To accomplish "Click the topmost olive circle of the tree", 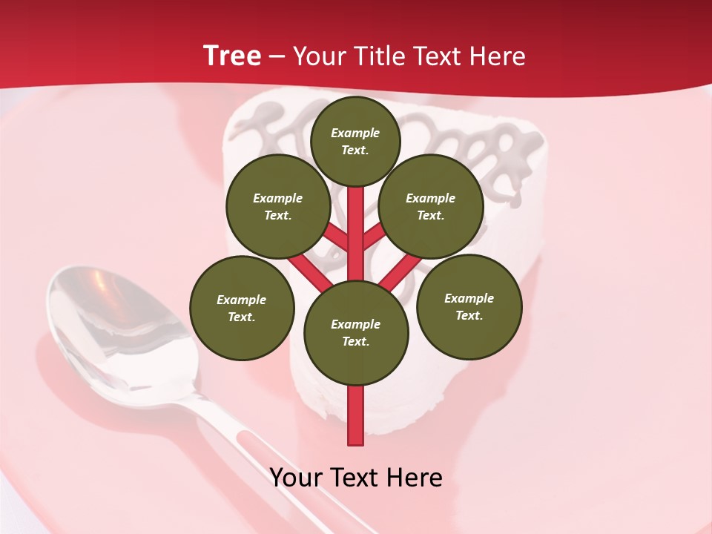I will point(355,141).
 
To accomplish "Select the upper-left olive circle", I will point(278,206).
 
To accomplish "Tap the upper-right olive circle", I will point(431,206).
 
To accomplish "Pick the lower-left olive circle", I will point(242,308).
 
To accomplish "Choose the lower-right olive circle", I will point(469,306).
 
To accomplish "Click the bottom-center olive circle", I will point(356,333).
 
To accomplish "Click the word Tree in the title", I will point(232,56).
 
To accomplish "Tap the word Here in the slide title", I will point(498,56).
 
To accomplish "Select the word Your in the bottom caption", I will point(296,478).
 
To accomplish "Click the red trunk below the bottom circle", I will point(356,415).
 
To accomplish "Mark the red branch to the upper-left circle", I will point(338,238).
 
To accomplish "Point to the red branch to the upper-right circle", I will point(373,237).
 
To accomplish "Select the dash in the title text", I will point(277,57).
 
